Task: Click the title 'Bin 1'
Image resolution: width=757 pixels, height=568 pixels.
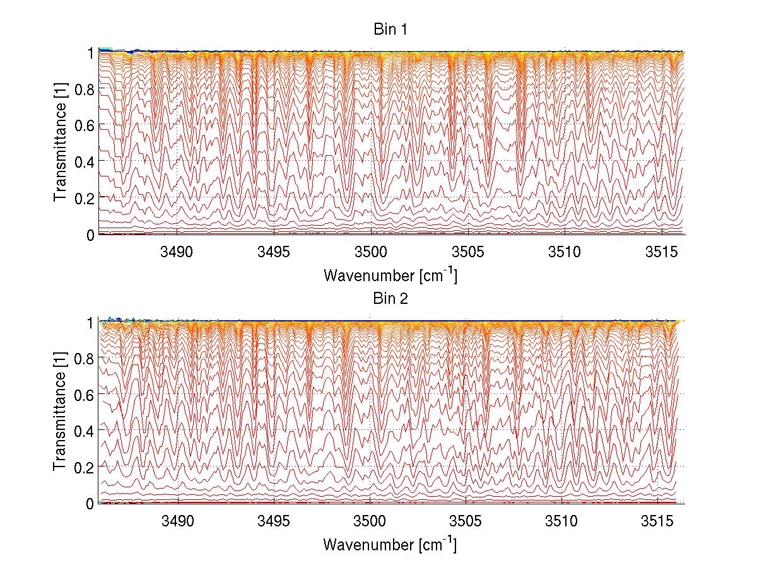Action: click(x=389, y=30)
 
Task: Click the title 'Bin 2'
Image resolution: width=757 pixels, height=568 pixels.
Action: click(x=389, y=299)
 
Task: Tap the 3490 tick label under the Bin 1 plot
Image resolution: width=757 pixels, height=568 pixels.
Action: click(x=178, y=252)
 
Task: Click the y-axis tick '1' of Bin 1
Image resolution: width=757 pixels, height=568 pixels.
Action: click(x=90, y=53)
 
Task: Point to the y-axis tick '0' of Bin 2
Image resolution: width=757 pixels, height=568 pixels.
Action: click(x=90, y=503)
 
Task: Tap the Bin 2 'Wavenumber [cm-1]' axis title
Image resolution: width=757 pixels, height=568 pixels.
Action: click(x=389, y=543)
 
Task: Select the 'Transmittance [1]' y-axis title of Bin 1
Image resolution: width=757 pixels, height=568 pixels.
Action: click(x=60, y=144)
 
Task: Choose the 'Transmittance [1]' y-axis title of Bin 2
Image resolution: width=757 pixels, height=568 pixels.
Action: click(x=60, y=413)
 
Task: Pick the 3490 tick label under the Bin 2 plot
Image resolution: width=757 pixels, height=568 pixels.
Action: click(x=178, y=521)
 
